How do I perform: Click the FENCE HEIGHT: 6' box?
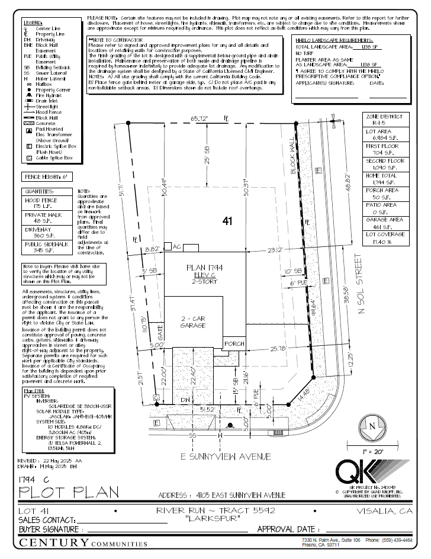click(x=46, y=176)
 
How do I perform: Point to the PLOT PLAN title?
click(x=69, y=491)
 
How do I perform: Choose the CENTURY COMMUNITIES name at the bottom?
click(x=83, y=543)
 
